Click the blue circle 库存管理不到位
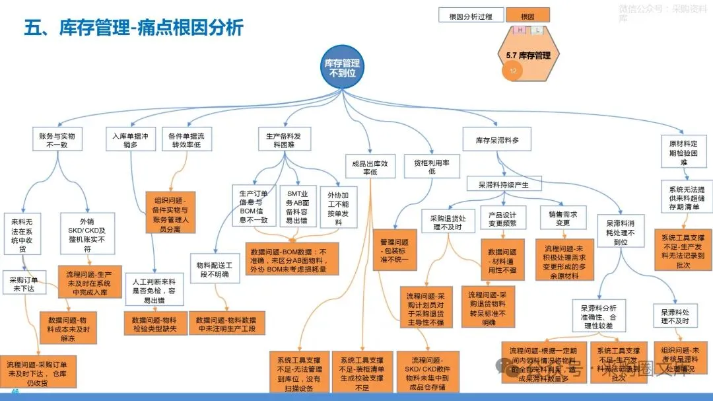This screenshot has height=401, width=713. pos(342,67)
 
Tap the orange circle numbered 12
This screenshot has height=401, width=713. pos(513,71)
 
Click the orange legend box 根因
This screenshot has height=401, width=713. pos(527,16)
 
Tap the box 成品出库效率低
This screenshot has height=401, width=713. pos(370,167)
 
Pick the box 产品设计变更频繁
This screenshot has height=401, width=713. pos(505,219)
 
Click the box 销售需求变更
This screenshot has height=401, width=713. pos(563,219)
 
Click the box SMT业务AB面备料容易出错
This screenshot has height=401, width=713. pos(299,206)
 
